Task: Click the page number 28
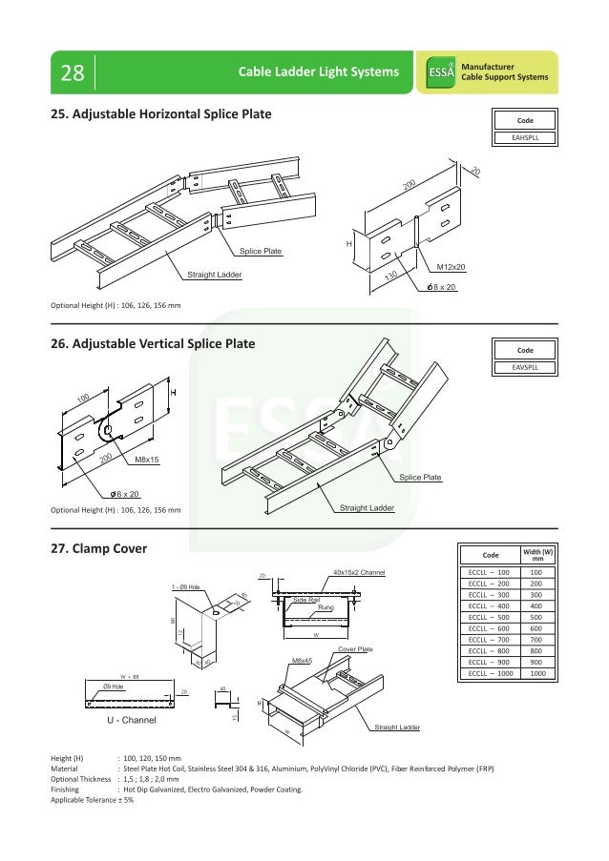[72, 73]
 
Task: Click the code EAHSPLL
[524, 136]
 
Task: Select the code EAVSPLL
[524, 366]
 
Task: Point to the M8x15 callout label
[146, 460]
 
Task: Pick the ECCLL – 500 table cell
[489, 617]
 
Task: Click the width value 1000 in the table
[537, 673]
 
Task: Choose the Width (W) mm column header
[537, 555]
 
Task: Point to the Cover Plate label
[355, 648]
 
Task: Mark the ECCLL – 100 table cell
[489, 571]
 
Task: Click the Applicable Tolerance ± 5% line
[92, 800]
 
